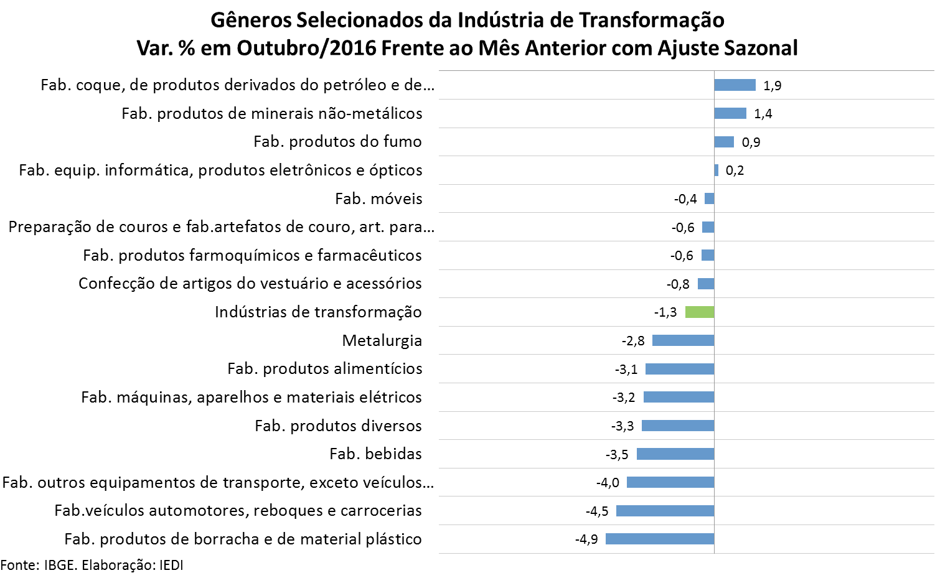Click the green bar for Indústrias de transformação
700,312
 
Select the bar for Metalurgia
684,340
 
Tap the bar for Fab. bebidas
675,454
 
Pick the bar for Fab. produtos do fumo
724,142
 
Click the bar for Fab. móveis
710,198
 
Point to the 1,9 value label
772,86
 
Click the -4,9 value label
586,539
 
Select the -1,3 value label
665,312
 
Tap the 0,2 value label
735,170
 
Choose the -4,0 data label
608,482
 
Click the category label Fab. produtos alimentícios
325,369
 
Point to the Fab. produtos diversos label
338,426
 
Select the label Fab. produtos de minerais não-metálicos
272,113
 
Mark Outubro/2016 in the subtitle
307,48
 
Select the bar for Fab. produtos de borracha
660,539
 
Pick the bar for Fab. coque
735,85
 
